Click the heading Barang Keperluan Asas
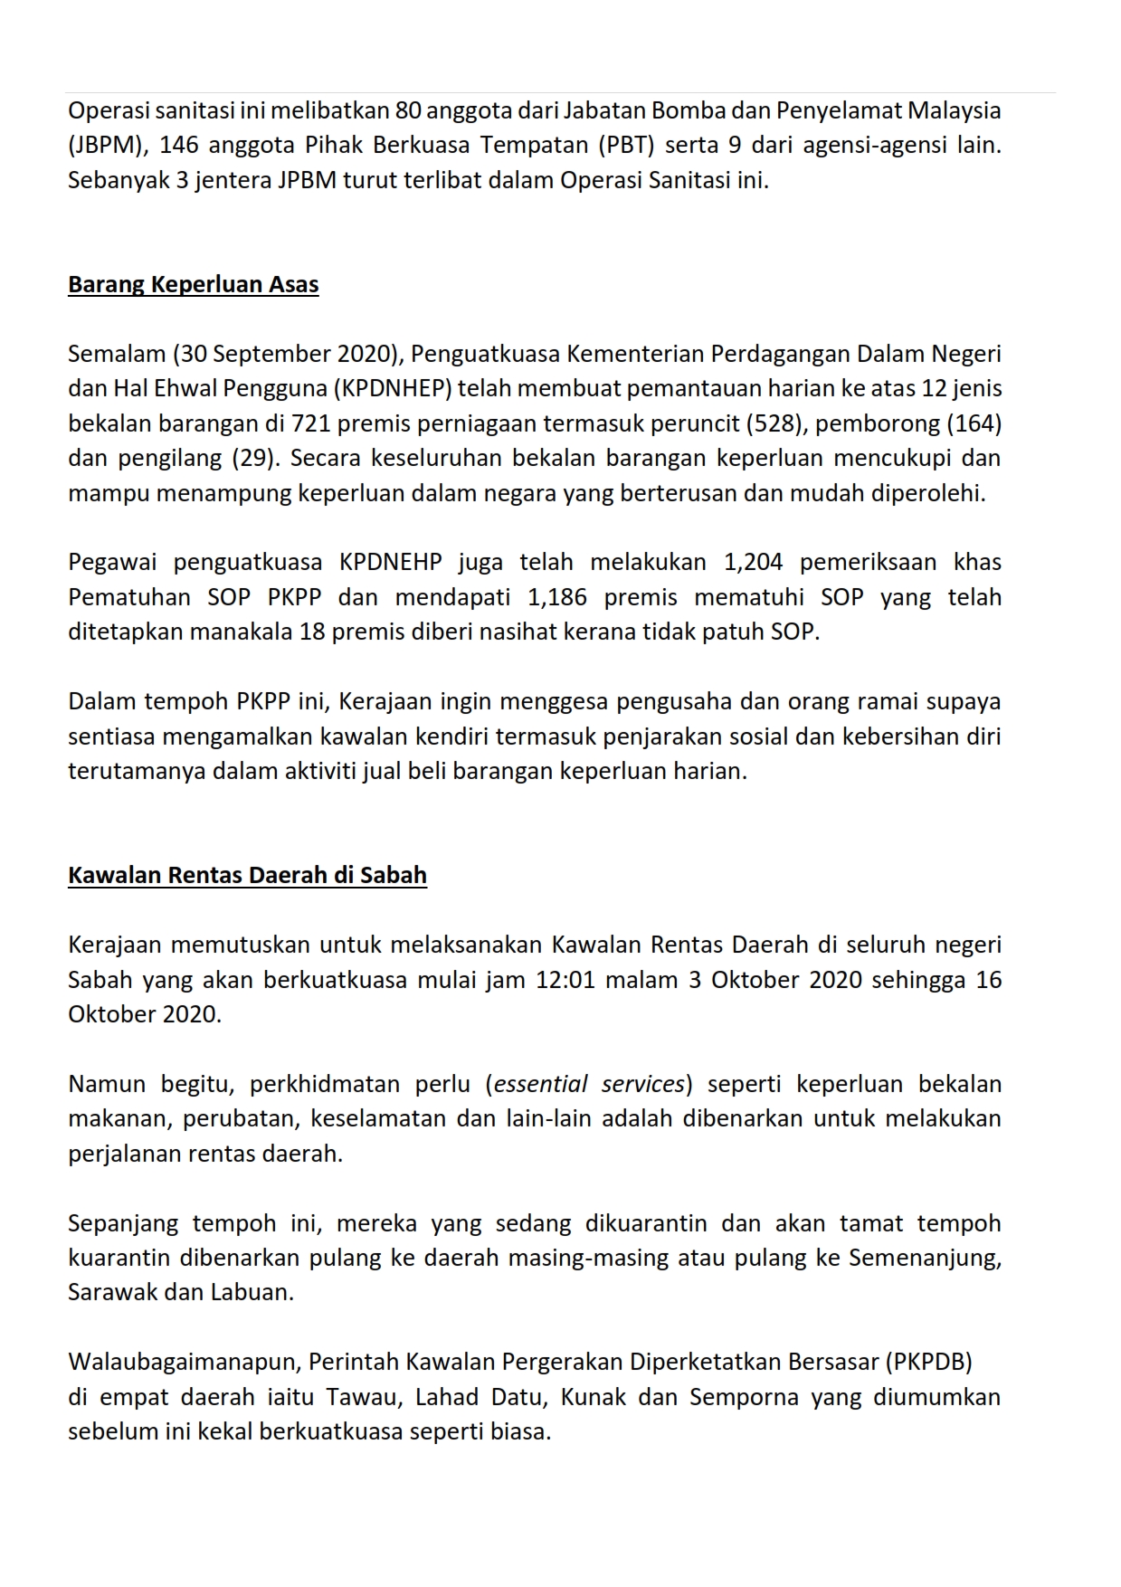[x=193, y=285]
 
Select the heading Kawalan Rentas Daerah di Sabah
[x=247, y=876]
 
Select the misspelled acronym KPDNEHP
[x=390, y=563]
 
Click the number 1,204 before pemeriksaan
[x=753, y=563]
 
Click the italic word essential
[x=540, y=1085]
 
